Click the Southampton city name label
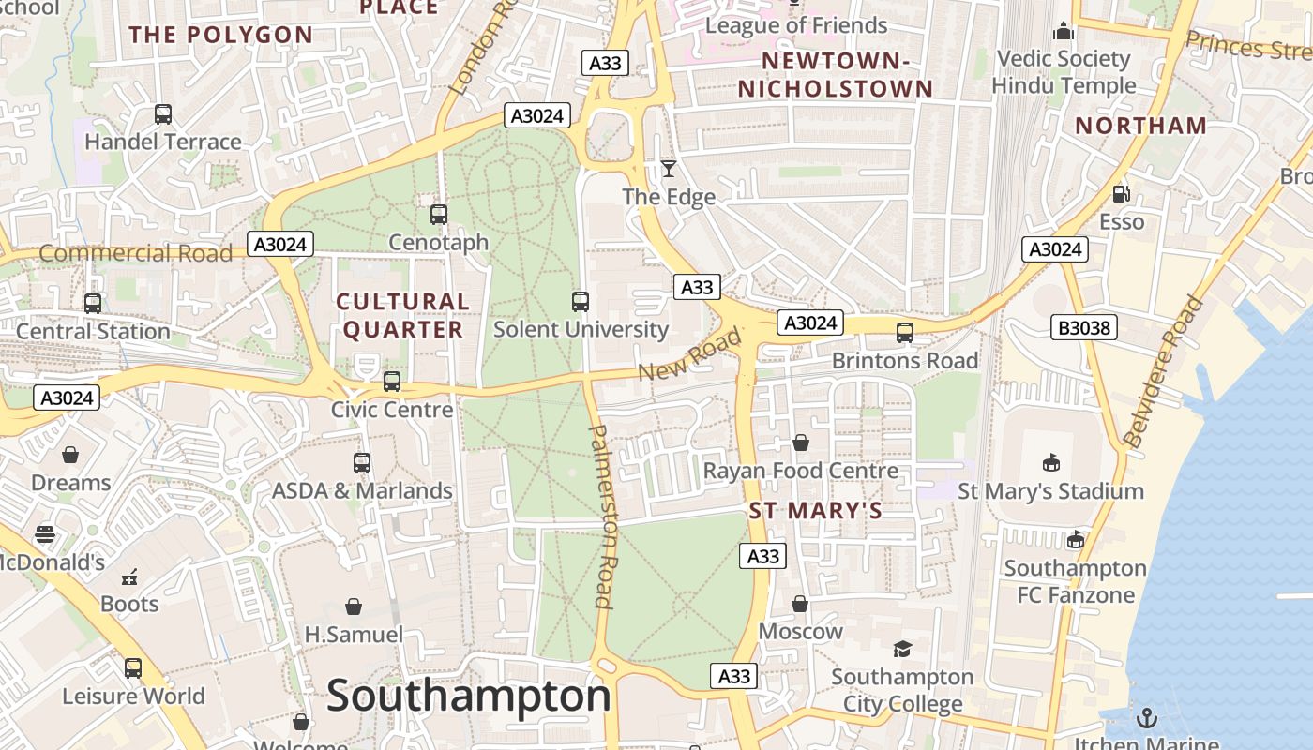[468, 697]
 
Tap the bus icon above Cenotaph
[438, 215]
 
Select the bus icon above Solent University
[581, 302]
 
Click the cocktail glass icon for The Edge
[668, 169]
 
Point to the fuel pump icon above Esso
[1121, 194]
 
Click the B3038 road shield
[1083, 327]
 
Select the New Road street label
[689, 354]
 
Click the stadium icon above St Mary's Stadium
[1050, 463]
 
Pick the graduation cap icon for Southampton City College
[902, 649]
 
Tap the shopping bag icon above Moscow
[800, 604]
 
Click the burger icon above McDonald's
[45, 535]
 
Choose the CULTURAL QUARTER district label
[402, 315]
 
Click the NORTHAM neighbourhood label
[1140, 126]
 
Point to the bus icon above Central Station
[92, 304]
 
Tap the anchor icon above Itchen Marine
[1146, 718]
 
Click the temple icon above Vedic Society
[1063, 32]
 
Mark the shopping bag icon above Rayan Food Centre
[801, 442]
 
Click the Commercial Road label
[135, 253]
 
